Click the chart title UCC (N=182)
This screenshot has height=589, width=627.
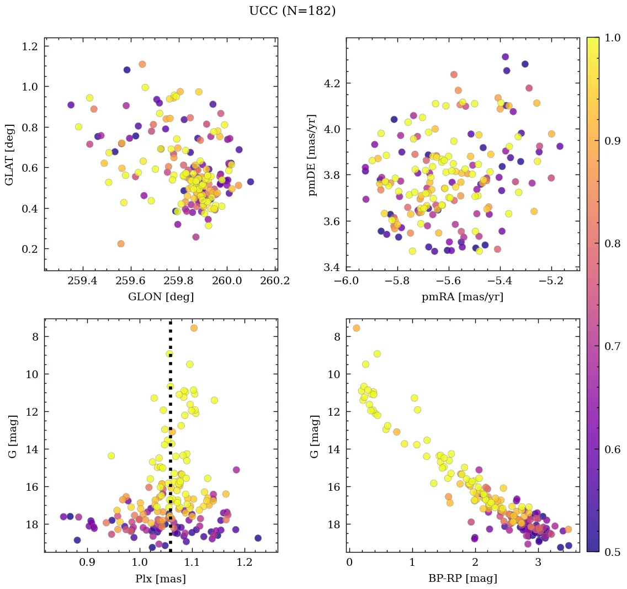tap(292, 11)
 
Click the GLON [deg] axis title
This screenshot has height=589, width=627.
tap(161, 297)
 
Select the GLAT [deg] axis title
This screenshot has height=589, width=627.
tap(9, 155)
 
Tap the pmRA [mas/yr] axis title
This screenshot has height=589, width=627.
tap(463, 297)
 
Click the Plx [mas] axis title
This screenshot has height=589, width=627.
tap(161, 579)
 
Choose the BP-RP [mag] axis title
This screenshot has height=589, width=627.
tap(463, 579)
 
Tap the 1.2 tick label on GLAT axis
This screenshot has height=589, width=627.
tap(30, 46)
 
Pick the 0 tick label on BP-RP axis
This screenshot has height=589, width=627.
tap(349, 563)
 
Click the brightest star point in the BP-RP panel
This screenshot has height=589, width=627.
tap(357, 328)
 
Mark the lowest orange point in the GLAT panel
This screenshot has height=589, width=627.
tap(121, 243)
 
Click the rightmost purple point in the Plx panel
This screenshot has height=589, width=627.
tap(258, 538)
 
